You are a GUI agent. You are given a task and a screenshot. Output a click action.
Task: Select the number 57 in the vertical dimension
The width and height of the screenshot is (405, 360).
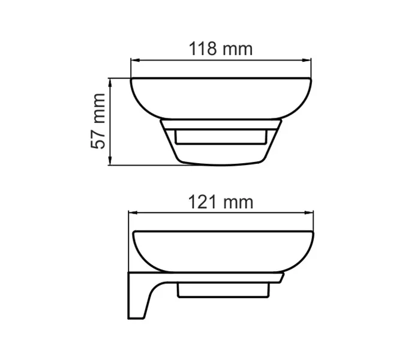point(99,138)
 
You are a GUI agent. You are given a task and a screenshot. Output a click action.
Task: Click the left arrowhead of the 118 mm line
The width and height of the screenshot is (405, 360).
point(134,60)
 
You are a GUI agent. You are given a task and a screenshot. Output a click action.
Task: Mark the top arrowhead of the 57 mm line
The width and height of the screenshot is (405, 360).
point(110,82)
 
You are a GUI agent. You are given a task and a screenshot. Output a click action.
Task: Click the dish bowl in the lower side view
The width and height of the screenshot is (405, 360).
point(222,252)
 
